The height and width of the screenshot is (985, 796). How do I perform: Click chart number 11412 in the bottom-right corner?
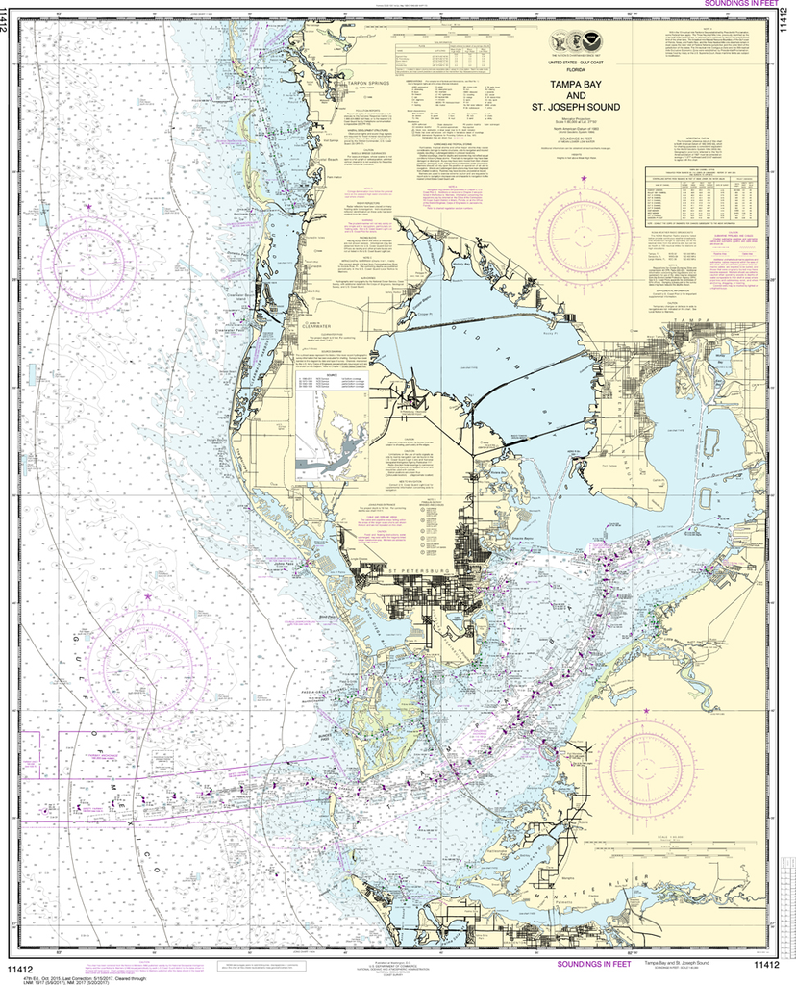pyautogui.click(x=765, y=965)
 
